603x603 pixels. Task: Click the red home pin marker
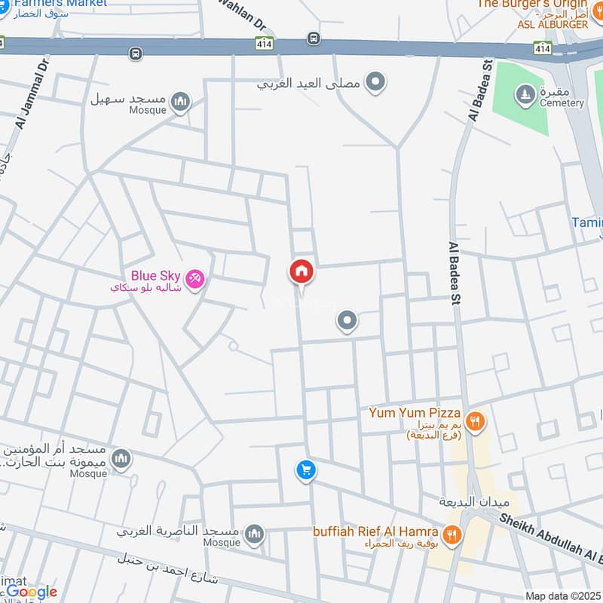(301, 272)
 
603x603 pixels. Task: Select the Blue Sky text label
(155, 276)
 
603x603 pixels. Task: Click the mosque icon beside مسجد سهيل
(180, 101)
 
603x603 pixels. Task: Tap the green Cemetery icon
(523, 94)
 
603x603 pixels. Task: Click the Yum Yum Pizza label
(414, 413)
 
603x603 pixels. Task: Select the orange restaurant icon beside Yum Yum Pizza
(474, 421)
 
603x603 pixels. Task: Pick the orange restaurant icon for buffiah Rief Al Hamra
(452, 534)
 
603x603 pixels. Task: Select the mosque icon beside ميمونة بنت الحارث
(121, 458)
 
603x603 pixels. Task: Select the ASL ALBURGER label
(552, 25)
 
